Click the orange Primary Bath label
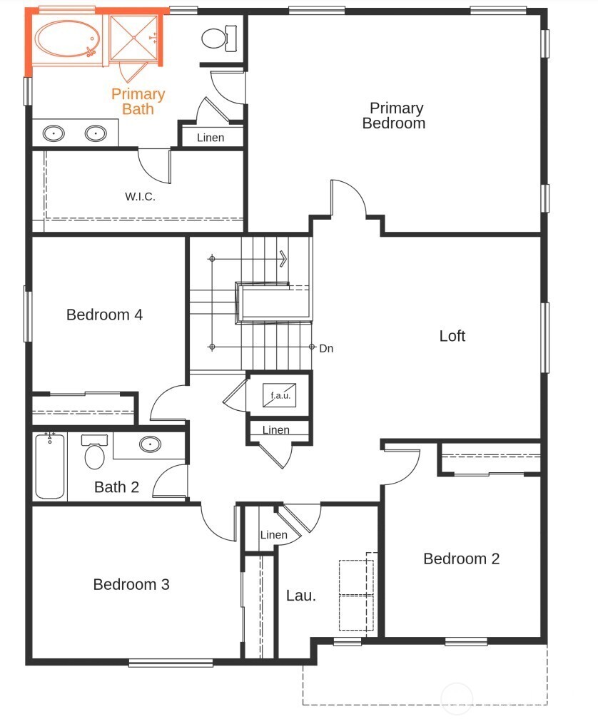tap(138, 101)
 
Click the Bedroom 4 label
tap(104, 315)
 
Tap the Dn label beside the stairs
tap(326, 349)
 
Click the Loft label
tap(452, 336)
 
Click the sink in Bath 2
tap(150, 444)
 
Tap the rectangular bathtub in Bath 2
tap(49, 466)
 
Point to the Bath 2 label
tap(116, 488)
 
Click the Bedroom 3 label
tap(131, 585)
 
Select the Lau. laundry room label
tap(300, 596)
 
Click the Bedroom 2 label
tap(461, 559)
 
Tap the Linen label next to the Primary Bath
tap(210, 138)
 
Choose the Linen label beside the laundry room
tap(273, 535)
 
